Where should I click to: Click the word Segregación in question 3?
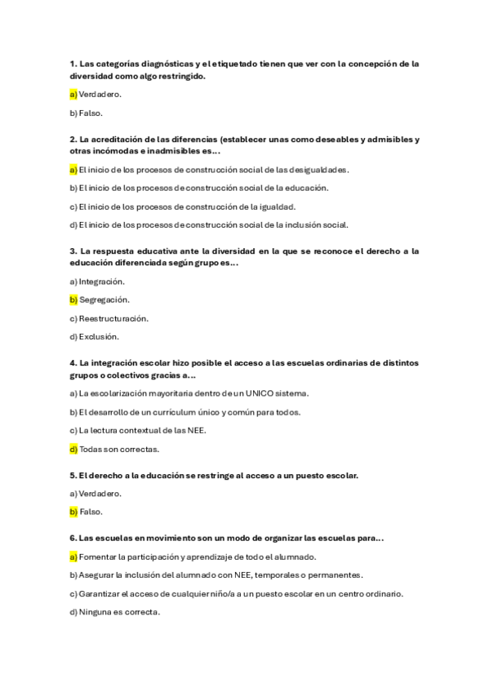click(104, 299)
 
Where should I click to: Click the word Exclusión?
click(99, 336)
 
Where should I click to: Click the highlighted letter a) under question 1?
click(73, 94)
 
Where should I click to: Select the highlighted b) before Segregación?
click(73, 299)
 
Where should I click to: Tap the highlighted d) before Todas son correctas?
click(73, 449)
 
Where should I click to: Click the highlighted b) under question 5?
click(73, 512)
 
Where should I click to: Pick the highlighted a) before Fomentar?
click(73, 557)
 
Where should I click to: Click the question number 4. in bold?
click(73, 362)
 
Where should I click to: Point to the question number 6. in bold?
click(73, 539)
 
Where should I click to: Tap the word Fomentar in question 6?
click(98, 557)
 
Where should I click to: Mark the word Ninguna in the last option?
click(95, 612)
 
